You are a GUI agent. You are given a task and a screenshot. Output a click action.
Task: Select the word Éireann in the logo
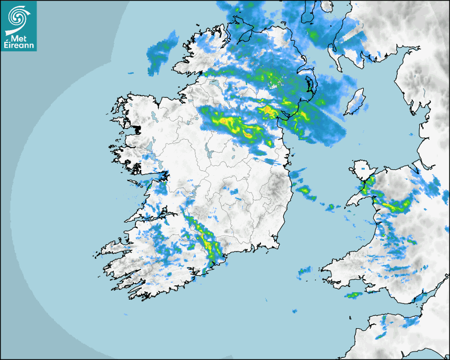tap(19, 46)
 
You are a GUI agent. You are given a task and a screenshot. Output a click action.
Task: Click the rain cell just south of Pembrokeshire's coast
tap(352, 295)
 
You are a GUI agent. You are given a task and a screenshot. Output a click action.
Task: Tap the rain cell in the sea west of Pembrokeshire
tap(304, 271)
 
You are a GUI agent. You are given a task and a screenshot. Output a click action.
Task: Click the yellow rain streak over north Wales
tap(394, 206)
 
